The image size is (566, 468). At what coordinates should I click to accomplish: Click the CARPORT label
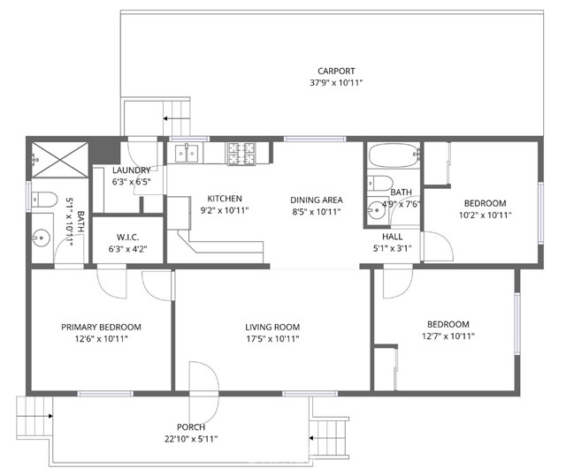pyautogui.click(x=336, y=72)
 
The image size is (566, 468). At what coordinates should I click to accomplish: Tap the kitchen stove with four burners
pyautogui.click(x=241, y=154)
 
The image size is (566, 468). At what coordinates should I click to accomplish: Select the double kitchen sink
pyautogui.click(x=187, y=154)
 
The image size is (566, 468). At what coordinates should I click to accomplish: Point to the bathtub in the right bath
pyautogui.click(x=392, y=157)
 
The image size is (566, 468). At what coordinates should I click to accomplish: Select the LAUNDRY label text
pyautogui.click(x=131, y=170)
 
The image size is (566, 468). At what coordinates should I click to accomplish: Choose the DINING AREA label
pyautogui.click(x=317, y=199)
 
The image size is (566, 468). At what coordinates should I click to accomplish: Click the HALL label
pyautogui.click(x=393, y=237)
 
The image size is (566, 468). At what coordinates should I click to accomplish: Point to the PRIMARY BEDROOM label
pyautogui.click(x=101, y=327)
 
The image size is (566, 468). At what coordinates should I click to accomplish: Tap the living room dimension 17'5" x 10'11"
pyautogui.click(x=272, y=338)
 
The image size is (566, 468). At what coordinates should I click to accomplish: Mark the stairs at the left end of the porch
pyautogui.click(x=34, y=412)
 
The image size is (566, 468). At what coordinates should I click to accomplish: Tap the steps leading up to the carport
pyautogui.click(x=174, y=119)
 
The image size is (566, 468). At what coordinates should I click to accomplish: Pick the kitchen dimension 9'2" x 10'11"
pyautogui.click(x=225, y=210)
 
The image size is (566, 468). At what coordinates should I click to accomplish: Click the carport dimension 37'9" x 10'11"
pyautogui.click(x=336, y=83)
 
